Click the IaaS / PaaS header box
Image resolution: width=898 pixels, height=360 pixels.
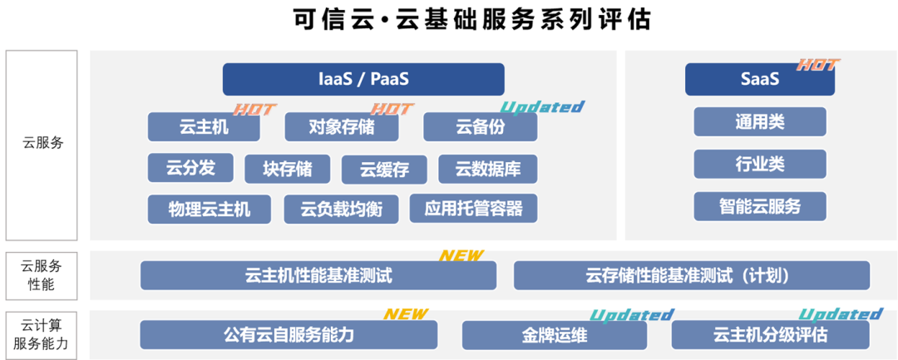pos(363,79)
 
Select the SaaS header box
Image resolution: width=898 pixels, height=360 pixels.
pos(759,79)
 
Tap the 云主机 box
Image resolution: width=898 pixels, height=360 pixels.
pos(204,127)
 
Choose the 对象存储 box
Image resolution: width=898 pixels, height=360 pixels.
pos(341,127)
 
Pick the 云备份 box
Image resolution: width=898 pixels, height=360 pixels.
pos(480,127)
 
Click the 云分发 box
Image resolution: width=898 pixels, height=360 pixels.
pos(190,168)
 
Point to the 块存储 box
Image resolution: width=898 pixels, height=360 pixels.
pos(288,169)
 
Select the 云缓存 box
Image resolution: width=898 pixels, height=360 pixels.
pos(384,170)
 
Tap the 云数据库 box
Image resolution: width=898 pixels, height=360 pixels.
pos(487,170)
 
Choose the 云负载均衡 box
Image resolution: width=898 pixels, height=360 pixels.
pos(341,210)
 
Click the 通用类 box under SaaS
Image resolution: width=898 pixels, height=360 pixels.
pos(759,122)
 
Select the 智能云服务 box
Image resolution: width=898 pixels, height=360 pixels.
pos(759,206)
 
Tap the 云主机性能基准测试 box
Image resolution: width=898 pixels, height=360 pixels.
pos(318,275)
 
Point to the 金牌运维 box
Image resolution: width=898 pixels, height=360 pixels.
pos(554,335)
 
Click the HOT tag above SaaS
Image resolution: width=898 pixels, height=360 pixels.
pos(818,65)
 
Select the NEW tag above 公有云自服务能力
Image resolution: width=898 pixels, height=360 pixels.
pos(405,314)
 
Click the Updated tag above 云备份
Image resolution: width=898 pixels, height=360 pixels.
pos(542,106)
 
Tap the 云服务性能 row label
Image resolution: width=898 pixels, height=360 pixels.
pos(42,275)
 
